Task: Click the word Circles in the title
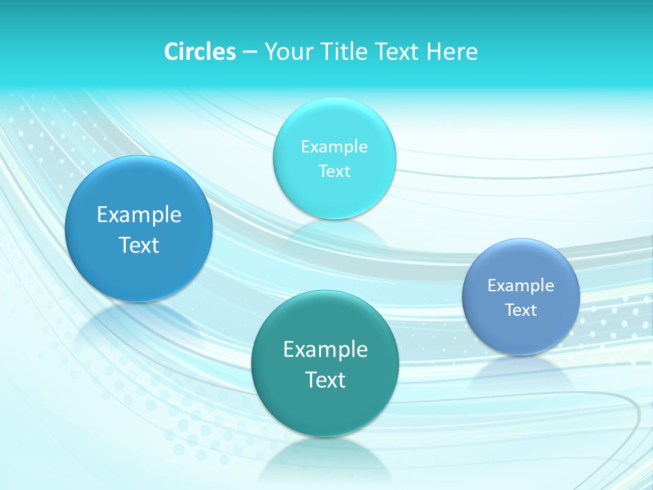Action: pos(199,52)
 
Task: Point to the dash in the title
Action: pos(250,52)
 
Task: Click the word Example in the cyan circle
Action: pos(335,147)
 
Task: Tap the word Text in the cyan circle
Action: pos(335,171)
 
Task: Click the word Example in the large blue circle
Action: pos(139,215)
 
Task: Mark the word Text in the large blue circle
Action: pos(139,245)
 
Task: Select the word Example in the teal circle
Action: pos(325,350)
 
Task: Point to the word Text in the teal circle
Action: pos(325,380)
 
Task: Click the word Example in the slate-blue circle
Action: pos(521,286)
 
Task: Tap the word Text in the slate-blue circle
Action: pos(521,310)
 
